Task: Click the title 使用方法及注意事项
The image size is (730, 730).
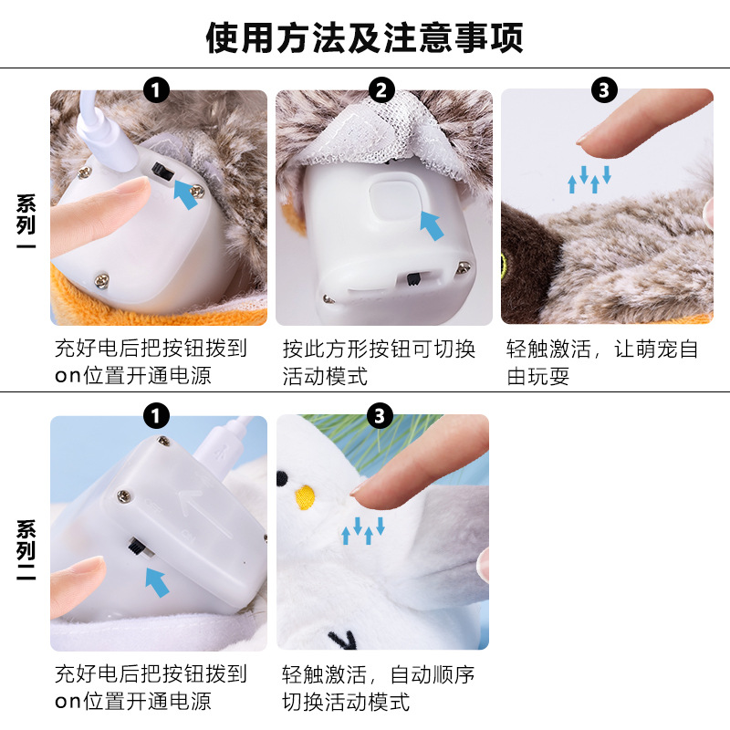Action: coord(364,37)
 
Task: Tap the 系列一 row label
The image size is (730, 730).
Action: coord(26,221)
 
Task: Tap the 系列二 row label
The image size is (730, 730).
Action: coord(26,549)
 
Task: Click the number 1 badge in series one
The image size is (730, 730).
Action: coord(156,89)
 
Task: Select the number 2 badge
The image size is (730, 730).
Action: coord(381,89)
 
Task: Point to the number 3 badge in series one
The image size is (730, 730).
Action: coord(604,89)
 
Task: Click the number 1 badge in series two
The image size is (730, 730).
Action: coord(156,416)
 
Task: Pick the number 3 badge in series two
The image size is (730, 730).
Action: coord(380,416)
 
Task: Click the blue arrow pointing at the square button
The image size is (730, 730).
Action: coord(432,225)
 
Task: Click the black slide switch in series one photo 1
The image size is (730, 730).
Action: coord(163,173)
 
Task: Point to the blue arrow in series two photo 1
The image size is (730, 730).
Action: coord(157,582)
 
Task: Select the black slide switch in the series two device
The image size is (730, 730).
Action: coord(137,547)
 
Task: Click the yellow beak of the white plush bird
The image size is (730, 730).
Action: coord(305,496)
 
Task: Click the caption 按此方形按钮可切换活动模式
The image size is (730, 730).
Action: coord(379,362)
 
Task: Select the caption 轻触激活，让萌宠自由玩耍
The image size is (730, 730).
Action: coord(602,362)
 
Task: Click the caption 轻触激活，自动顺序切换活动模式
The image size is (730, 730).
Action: coord(378,688)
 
